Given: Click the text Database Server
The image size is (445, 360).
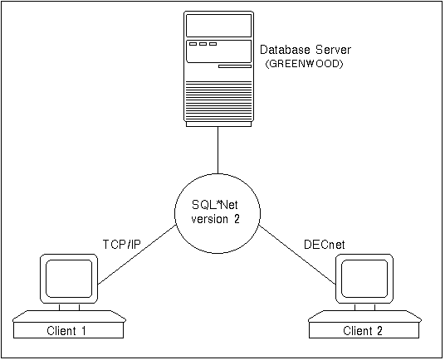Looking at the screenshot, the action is (306, 50).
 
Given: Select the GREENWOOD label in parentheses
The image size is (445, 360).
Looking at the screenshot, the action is (304, 64).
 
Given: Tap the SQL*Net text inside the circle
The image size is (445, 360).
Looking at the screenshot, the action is (215, 205).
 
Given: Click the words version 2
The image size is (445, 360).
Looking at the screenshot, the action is (215, 219).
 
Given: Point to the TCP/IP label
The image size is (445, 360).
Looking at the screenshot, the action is (121, 245).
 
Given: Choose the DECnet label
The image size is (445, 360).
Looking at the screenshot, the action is (325, 245).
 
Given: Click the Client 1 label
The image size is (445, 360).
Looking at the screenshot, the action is (66, 331).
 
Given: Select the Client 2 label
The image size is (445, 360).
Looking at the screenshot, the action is (363, 331).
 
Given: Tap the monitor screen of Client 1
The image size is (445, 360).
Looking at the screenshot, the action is (69, 279).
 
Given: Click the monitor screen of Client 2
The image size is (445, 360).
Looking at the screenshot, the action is (364, 279).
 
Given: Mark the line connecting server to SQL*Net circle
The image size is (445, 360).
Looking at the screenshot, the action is (218, 150).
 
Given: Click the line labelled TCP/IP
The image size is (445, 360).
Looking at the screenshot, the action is (137, 255).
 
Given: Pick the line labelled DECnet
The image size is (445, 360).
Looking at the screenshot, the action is (297, 255).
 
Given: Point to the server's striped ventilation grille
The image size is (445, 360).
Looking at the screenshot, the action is (218, 100).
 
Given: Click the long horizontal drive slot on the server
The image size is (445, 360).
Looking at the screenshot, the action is (235, 66).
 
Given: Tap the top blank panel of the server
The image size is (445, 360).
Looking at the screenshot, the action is (218, 26).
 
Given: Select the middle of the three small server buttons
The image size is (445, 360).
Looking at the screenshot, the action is (203, 44).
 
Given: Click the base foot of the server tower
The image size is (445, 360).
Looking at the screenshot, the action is (218, 124).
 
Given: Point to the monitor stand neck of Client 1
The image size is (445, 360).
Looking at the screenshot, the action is (69, 307).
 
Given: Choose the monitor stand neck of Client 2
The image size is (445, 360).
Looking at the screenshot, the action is (365, 307).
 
